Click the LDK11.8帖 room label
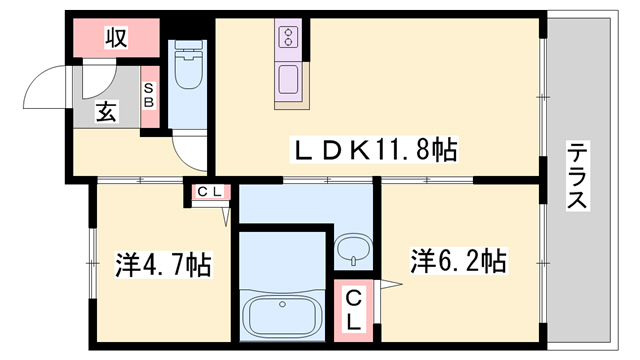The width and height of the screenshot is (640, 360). click(375, 151)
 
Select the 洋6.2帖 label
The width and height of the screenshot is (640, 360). click(457, 262)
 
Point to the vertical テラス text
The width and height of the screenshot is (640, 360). click(577, 176)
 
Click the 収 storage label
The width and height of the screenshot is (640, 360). click(116, 39)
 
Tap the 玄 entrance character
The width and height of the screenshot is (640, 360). click(106, 111)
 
